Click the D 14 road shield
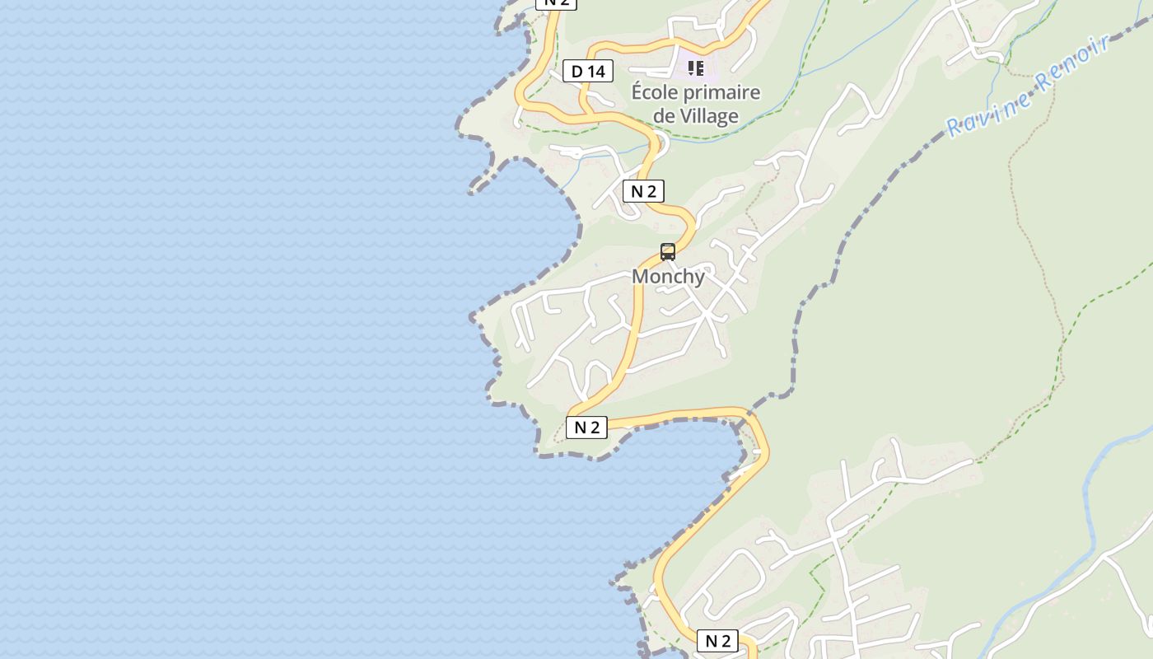click(x=588, y=72)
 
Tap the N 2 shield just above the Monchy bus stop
click(x=643, y=192)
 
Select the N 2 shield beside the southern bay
click(x=586, y=427)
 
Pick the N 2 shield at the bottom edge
click(x=717, y=641)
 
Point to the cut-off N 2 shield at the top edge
click(x=557, y=2)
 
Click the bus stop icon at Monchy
click(x=668, y=252)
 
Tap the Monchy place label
click(x=668, y=277)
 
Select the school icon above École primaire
click(x=696, y=68)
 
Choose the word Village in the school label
click(x=707, y=116)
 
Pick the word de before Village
click(x=664, y=116)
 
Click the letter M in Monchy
click(x=640, y=277)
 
